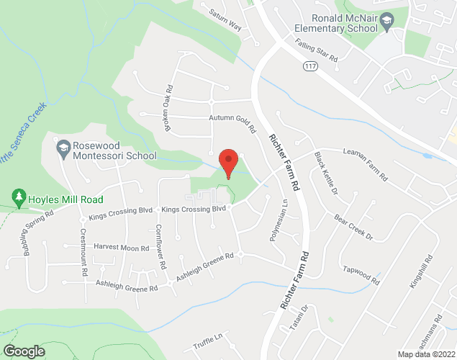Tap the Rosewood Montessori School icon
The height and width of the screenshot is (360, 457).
tap(63, 148)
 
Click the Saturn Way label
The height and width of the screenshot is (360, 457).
tap(225, 20)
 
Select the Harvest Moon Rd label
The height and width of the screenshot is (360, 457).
tap(121, 248)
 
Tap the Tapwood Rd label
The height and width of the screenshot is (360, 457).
tap(361, 276)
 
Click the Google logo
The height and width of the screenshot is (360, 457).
tap(23, 351)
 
